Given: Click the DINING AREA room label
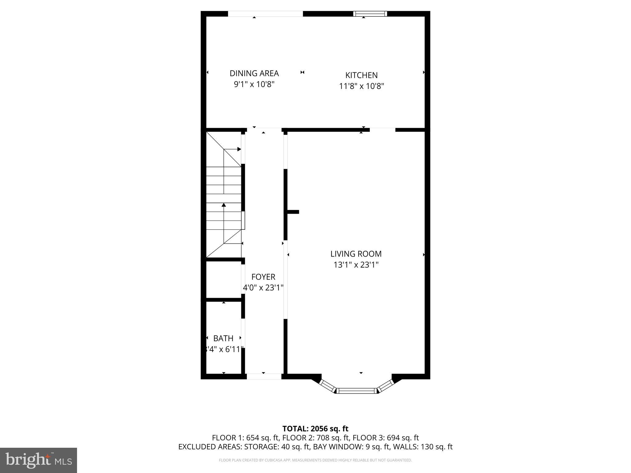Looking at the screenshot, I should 254,73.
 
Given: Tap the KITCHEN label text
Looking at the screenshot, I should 361,75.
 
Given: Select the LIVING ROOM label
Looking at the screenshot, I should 356,254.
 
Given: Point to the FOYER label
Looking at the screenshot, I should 263,277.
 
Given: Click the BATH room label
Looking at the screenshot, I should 223,338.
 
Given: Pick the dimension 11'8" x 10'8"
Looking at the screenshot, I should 361,86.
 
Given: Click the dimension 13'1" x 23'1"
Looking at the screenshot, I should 356,265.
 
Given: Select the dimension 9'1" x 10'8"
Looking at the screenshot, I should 254,84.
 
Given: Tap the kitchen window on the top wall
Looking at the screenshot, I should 370,14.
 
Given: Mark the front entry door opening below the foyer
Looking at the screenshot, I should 264,376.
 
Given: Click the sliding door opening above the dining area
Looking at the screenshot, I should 265,14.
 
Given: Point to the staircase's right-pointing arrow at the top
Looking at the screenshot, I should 239,149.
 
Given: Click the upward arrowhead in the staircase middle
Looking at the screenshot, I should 224,205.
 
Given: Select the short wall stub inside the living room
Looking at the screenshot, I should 293,212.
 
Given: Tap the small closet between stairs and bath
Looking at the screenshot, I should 223,280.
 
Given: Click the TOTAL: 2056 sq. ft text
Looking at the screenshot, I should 315,429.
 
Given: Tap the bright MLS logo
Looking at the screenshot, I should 39,460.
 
